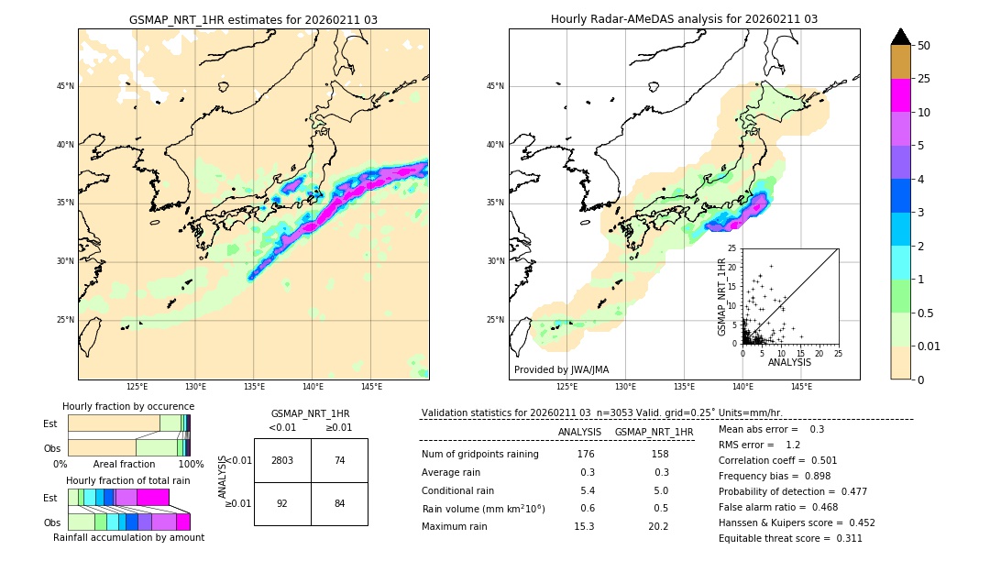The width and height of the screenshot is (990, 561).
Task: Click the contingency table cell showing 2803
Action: (x=282, y=460)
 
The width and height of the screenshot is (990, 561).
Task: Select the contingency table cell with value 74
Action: (x=339, y=460)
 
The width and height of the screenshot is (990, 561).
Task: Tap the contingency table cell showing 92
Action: (x=282, y=503)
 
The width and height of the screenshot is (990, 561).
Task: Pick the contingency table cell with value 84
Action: (x=339, y=503)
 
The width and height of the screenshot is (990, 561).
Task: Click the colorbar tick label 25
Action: (x=924, y=79)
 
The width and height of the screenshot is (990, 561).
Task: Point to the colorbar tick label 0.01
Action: (x=929, y=346)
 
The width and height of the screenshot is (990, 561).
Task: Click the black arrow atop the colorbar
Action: (x=901, y=37)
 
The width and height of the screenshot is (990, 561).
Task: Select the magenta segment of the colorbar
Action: (x=901, y=95)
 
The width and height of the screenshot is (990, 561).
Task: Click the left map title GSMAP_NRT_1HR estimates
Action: (x=253, y=19)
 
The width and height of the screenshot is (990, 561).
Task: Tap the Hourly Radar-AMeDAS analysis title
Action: (x=684, y=19)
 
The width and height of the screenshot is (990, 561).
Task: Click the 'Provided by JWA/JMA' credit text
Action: (x=561, y=369)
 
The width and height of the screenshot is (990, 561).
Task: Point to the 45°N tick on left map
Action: (x=65, y=86)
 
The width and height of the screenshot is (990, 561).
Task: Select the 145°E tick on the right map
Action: (x=801, y=387)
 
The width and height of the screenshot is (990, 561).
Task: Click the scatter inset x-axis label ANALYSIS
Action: (x=789, y=362)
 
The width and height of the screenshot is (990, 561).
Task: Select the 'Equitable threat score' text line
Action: (x=790, y=538)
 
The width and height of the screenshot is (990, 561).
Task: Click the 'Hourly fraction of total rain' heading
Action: (x=128, y=480)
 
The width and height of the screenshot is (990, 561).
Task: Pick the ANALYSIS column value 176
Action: (x=586, y=454)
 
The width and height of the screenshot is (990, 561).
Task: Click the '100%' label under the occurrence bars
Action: (x=191, y=465)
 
